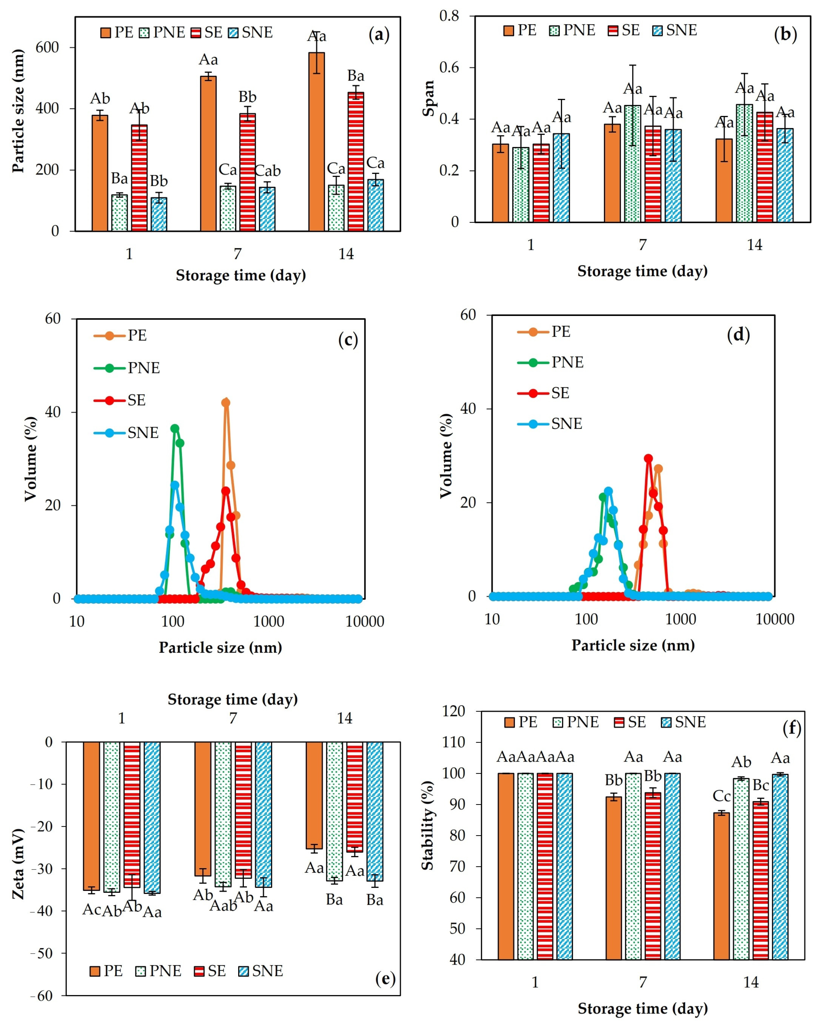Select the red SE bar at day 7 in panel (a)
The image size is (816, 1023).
click(247, 172)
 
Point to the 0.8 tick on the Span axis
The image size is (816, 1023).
click(449, 16)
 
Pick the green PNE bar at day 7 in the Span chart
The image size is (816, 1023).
click(632, 164)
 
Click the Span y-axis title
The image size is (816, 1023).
click(429, 98)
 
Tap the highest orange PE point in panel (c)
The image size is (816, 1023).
click(226, 403)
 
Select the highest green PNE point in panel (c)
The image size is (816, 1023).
click(175, 429)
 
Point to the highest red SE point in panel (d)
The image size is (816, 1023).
click(648, 458)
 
